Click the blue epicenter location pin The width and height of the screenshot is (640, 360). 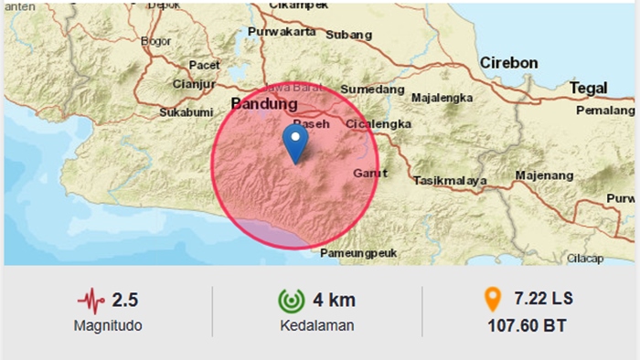[x=294, y=143]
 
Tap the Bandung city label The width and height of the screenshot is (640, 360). [x=259, y=102]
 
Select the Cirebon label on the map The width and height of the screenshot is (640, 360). [x=508, y=63]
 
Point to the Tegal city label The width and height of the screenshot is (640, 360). [x=588, y=87]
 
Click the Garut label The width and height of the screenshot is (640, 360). [x=364, y=171]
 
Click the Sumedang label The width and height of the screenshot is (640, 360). [x=372, y=89]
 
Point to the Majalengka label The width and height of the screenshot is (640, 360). [x=442, y=97]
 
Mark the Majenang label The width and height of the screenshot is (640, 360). [x=543, y=175]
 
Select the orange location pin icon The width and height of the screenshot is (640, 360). [x=493, y=300]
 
